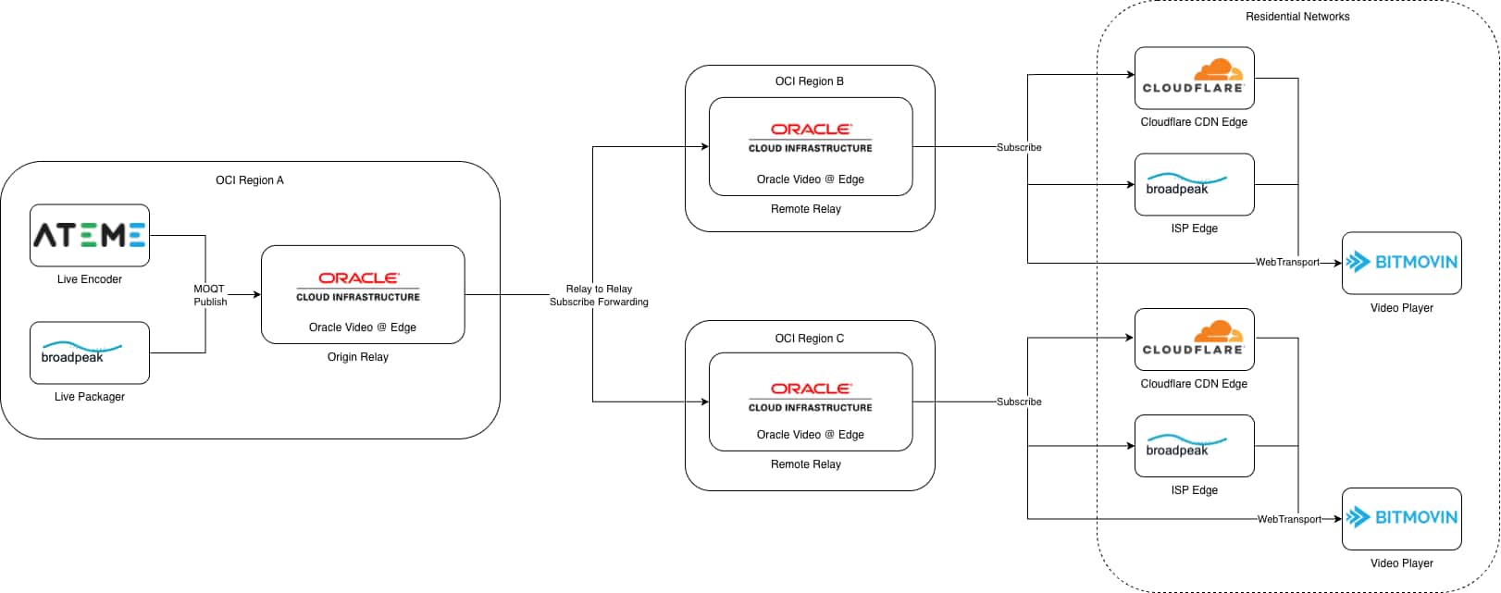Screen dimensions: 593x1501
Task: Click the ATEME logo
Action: (90, 235)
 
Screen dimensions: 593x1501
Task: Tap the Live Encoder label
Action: (89, 279)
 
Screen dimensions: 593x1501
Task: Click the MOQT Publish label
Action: (210, 295)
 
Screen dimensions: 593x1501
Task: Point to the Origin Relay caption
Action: (357, 357)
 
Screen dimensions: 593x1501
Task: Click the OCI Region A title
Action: (250, 180)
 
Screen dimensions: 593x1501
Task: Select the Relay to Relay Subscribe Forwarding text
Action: (599, 295)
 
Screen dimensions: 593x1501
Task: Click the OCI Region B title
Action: (809, 81)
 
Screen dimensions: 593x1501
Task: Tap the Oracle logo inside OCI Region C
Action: (810, 397)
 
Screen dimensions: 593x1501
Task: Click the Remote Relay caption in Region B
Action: (805, 209)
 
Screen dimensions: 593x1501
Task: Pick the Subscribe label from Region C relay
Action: (1019, 402)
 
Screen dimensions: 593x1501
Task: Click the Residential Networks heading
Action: (1296, 17)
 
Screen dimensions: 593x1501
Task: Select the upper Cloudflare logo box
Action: (1194, 78)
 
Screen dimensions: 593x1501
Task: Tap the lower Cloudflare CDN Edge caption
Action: (1193, 384)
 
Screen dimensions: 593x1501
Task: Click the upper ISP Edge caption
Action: (1194, 229)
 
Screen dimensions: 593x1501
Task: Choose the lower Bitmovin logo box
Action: (1401, 518)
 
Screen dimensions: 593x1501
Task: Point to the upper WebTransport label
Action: (1286, 263)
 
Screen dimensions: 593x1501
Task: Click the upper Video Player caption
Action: (1401, 308)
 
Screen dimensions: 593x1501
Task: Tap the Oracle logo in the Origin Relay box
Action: (358, 286)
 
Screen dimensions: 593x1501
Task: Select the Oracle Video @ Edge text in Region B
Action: (810, 179)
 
